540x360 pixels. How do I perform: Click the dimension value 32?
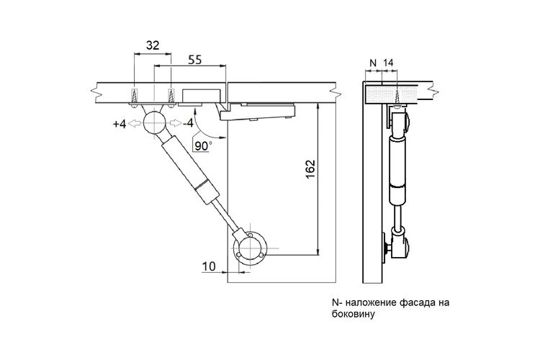point(153,45)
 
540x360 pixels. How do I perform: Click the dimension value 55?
point(194,60)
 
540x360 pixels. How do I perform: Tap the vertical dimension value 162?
point(310,168)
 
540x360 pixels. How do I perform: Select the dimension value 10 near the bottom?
point(208,266)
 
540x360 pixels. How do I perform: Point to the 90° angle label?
point(202,146)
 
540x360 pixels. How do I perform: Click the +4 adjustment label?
point(120,124)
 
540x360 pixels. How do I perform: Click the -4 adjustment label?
point(188,122)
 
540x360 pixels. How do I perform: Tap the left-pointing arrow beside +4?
point(134,123)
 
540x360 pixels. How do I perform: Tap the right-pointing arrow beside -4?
point(175,123)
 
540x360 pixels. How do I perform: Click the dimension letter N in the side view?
point(373,63)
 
